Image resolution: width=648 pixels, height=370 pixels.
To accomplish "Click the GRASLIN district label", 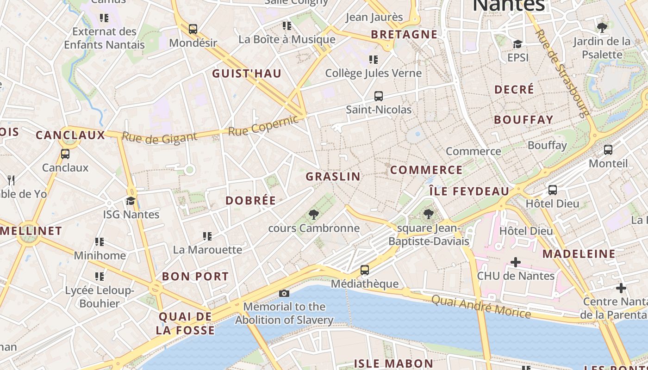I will point(333,176).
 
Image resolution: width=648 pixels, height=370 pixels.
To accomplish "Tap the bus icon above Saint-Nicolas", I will point(378,96).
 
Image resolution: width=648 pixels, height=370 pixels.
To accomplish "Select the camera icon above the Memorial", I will point(284,293).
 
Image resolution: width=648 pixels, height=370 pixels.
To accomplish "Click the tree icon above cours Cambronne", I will point(314,214).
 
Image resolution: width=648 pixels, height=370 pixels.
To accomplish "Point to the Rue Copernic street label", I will point(263,125).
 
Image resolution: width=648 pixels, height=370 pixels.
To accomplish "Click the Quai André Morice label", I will point(481,306).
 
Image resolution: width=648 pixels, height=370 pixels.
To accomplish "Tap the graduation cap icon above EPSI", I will point(517,44).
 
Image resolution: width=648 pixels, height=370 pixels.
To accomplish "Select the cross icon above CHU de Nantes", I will point(515,262).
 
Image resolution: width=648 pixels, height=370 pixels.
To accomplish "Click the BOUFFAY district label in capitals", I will point(523,120).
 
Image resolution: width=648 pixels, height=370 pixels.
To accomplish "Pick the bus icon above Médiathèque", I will point(365,270).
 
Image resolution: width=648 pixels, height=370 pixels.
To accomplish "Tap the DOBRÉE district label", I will point(250,201).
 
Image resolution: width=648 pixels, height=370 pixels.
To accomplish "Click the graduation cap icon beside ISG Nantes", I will point(131,201).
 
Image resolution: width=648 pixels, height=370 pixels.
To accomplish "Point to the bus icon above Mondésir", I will point(193,29).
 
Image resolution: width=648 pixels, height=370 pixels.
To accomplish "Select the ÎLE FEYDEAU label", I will point(469,191).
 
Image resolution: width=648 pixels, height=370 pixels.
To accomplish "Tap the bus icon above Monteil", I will point(608,150).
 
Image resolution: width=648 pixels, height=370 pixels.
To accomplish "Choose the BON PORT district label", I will point(195,277).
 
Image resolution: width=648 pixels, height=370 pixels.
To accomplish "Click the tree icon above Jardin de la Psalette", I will point(602,28).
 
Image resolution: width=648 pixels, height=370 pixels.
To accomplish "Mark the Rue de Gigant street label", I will point(159,137).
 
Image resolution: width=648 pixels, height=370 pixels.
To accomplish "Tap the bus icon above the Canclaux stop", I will point(65,154).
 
